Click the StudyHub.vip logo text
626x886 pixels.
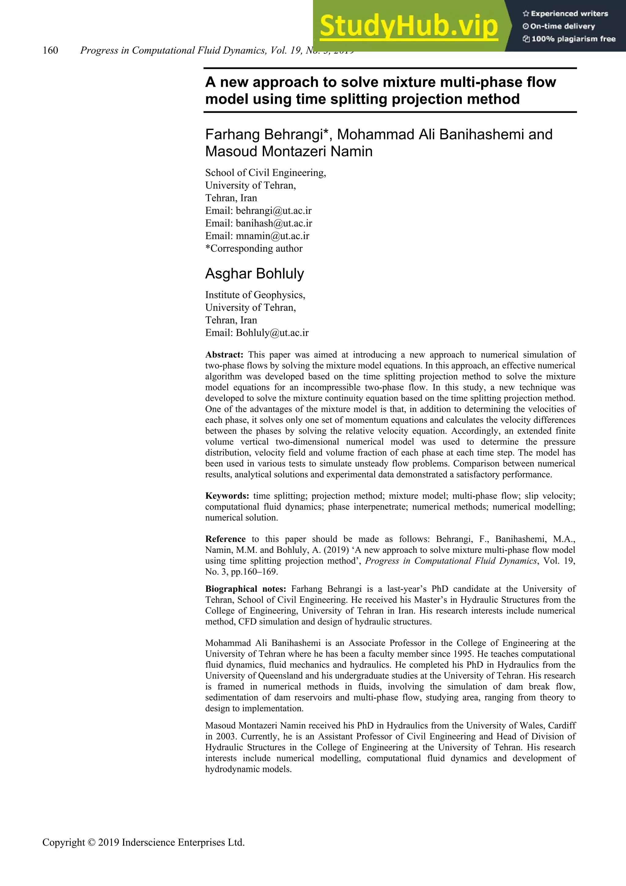tap(409, 26)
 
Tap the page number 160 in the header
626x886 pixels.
tap(50, 50)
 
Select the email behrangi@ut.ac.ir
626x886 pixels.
tap(274, 211)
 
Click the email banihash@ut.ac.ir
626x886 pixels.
tap(274, 224)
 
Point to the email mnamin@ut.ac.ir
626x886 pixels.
tap(272, 236)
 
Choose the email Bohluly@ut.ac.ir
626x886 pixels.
tap(272, 333)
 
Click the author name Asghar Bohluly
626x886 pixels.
tap(255, 274)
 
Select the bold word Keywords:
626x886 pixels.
tap(227, 496)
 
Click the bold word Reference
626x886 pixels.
tap(225, 539)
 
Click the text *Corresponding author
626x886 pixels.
tap(254, 249)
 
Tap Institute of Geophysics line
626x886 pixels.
tap(255, 295)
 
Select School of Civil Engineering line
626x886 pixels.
tap(265, 172)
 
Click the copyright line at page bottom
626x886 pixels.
tap(143, 842)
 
